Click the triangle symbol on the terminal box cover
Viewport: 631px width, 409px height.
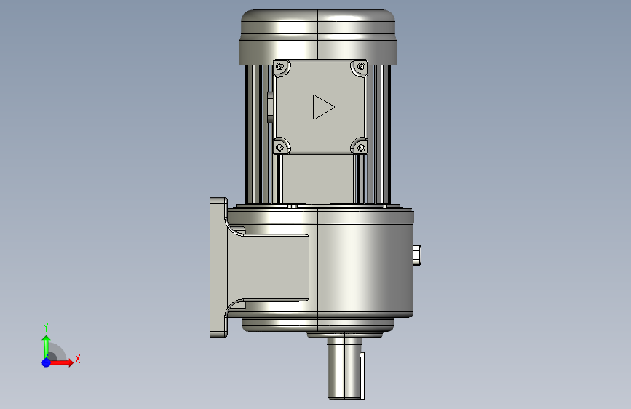click(x=322, y=107)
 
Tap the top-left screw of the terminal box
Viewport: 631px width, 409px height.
click(x=279, y=67)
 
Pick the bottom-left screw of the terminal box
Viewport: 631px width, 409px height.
click(x=279, y=148)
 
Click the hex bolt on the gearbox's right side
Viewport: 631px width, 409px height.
click(x=417, y=255)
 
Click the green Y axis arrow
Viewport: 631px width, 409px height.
click(x=46, y=345)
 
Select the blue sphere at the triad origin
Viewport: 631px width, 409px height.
click(x=47, y=362)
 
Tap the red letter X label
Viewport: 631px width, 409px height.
click(x=77, y=359)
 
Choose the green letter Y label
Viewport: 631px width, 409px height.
click(x=46, y=327)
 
